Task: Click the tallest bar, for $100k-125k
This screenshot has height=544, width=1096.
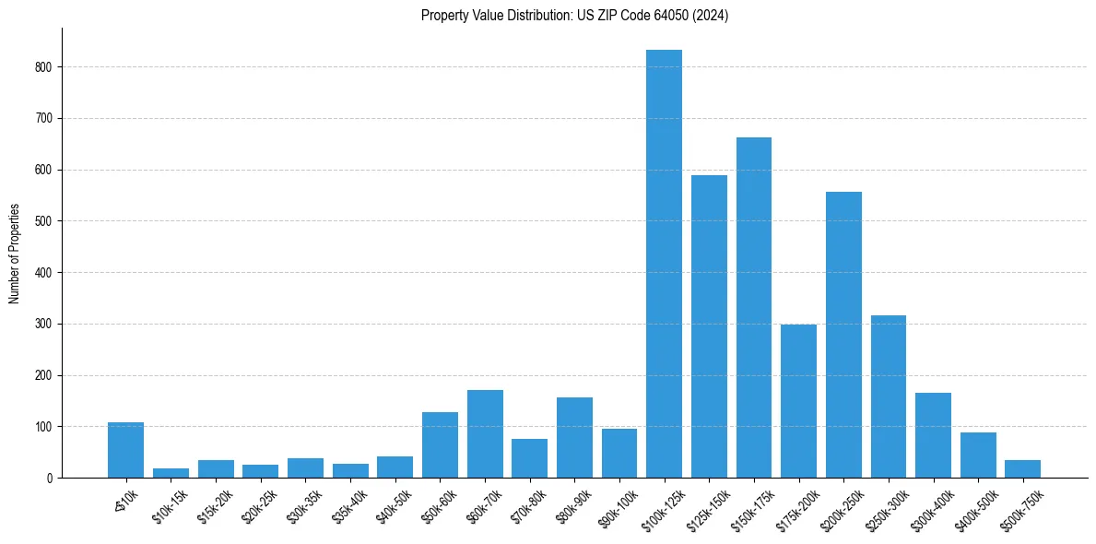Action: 664,264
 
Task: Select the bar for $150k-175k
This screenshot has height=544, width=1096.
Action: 754,308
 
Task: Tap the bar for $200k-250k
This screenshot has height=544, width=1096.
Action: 843,335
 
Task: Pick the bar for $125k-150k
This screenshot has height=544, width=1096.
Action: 709,326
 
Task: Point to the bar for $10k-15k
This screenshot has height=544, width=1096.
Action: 171,473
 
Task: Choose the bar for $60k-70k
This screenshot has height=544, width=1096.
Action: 485,434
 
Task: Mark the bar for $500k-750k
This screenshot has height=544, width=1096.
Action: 1022,469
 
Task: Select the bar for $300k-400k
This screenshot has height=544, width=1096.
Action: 933,435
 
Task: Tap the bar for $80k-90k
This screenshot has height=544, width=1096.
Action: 574,438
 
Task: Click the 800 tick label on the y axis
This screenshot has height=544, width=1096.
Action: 43,67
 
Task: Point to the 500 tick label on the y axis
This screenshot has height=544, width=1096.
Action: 43,221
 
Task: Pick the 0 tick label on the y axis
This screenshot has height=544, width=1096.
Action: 49,479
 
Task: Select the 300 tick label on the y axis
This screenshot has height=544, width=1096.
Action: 43,325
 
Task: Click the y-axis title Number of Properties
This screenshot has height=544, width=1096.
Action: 15,254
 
